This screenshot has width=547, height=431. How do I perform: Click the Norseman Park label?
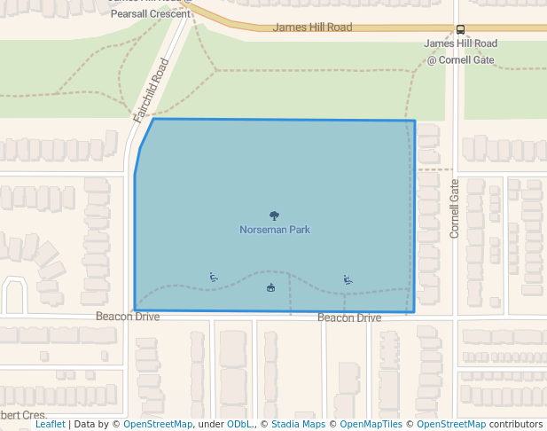[275, 230]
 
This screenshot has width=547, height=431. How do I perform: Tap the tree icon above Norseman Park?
[274, 215]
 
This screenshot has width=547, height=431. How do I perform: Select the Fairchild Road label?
[151, 90]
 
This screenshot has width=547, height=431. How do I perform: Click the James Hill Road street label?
[312, 27]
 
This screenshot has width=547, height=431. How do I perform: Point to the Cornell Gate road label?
[455, 208]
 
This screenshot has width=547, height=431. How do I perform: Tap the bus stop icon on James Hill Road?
[460, 28]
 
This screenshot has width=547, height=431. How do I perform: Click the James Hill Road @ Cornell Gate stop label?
[460, 51]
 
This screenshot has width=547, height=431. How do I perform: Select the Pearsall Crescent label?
[151, 14]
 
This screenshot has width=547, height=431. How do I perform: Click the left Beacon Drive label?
[128, 316]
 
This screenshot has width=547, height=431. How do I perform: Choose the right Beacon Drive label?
[349, 317]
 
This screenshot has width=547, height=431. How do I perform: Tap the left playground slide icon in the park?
[214, 277]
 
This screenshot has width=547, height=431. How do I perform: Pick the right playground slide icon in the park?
[348, 280]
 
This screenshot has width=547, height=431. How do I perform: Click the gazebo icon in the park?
[270, 286]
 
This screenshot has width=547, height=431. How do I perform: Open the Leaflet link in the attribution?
[51, 424]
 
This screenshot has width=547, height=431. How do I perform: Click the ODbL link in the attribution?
[239, 424]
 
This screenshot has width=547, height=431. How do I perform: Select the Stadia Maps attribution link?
[298, 424]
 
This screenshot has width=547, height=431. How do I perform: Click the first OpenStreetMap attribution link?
[158, 424]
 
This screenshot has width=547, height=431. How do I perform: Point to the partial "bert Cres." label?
[23, 415]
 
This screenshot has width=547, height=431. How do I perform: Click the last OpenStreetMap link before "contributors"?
[451, 424]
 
